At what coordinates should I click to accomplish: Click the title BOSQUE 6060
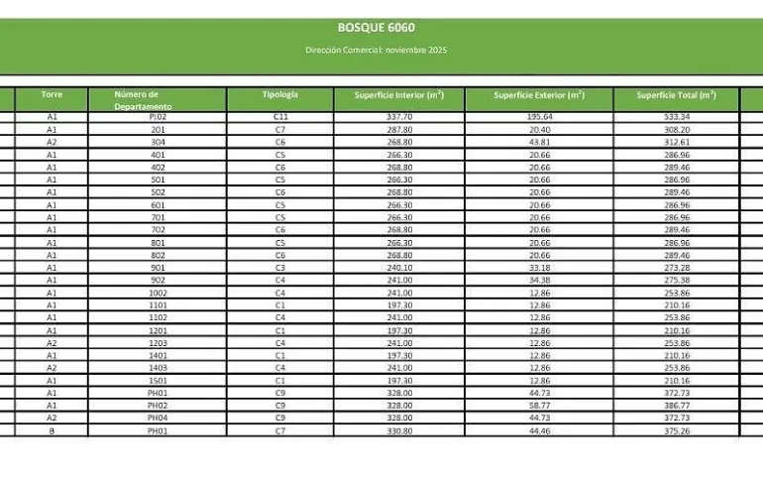click(376, 27)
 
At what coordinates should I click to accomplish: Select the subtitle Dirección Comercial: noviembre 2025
click(376, 50)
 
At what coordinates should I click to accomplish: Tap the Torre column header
click(52, 94)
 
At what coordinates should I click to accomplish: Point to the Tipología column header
click(279, 94)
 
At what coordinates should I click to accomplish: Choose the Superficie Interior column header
click(398, 95)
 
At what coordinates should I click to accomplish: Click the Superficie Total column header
click(676, 95)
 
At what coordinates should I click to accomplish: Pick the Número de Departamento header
click(143, 100)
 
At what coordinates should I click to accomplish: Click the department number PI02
click(158, 117)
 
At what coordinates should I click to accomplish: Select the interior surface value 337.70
click(398, 117)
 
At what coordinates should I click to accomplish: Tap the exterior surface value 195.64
click(539, 117)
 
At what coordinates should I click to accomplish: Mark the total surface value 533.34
click(677, 117)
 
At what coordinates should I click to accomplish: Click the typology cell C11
click(280, 117)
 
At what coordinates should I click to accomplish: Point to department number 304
click(158, 142)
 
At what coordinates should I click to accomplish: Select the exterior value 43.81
click(539, 142)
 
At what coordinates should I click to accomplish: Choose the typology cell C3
click(280, 268)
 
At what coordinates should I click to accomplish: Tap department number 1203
click(158, 343)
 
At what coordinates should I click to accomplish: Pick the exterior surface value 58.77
click(539, 406)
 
